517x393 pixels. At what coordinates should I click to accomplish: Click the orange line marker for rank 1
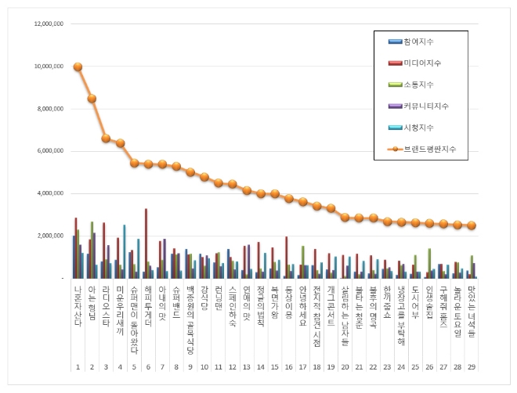(78, 67)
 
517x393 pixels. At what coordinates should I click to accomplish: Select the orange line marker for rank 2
(92, 99)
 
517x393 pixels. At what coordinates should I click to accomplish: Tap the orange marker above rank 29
(472, 225)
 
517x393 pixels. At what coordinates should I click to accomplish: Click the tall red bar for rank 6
(146, 243)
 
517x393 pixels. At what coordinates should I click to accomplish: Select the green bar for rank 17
(302, 261)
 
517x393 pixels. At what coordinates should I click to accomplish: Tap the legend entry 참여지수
(418, 41)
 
